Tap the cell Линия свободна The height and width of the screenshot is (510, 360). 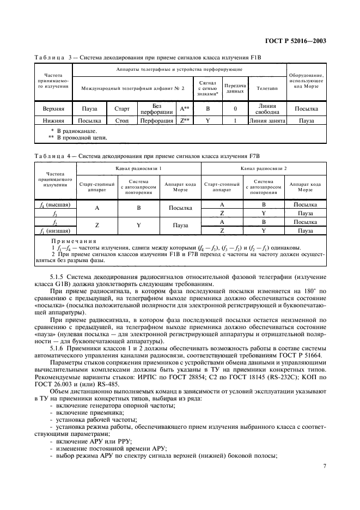(267, 108)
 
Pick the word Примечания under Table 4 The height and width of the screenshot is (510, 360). (74, 240)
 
